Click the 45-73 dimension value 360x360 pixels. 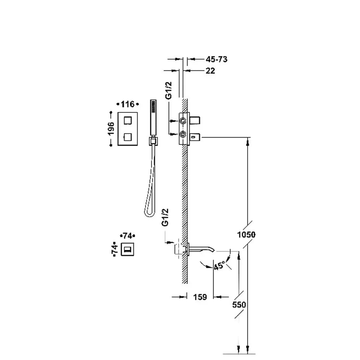[x=216, y=59]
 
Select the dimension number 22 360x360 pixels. [x=210, y=71]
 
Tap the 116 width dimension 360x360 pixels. [x=127, y=104]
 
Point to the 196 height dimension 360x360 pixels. [x=111, y=129]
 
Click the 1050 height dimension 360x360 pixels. [x=246, y=235]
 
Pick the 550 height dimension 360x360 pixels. [x=239, y=305]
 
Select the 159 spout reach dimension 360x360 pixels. [x=200, y=297]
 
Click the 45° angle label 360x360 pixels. [x=219, y=266]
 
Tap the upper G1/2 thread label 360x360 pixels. [x=169, y=90]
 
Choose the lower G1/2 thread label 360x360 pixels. [x=165, y=217]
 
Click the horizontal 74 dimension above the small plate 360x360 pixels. [x=127, y=235]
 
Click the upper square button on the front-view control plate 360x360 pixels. [x=128, y=120]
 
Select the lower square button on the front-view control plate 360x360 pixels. [x=127, y=137]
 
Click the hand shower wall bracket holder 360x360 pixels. [x=153, y=140]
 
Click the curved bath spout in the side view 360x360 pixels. [x=202, y=249]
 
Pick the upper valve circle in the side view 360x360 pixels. [x=183, y=120]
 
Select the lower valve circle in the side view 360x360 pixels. [x=183, y=134]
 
